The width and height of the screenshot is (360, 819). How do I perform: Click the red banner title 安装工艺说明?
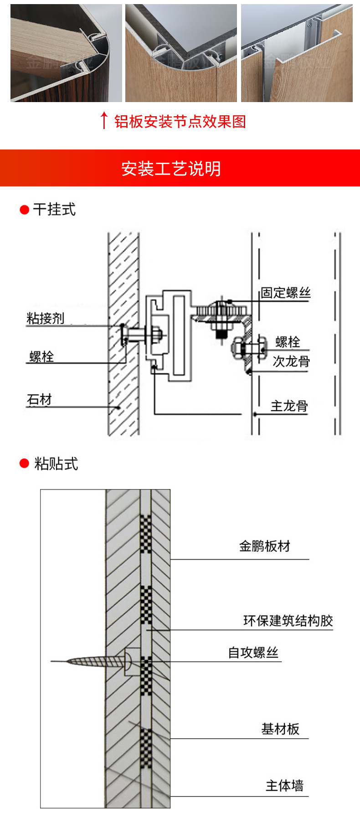(x=171, y=169)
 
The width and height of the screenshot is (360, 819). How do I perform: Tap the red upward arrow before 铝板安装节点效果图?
(x=104, y=120)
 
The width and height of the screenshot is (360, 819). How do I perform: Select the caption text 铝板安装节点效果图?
(x=180, y=121)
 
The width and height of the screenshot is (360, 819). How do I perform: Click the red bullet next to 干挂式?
(x=25, y=210)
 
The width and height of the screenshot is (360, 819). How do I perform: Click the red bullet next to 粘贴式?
(x=25, y=464)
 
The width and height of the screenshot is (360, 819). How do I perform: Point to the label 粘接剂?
(x=45, y=318)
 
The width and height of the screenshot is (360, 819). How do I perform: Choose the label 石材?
(x=39, y=400)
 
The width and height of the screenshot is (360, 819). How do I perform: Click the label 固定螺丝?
(x=285, y=293)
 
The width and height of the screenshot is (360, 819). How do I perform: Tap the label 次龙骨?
(x=291, y=361)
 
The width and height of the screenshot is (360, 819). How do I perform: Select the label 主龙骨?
(x=289, y=406)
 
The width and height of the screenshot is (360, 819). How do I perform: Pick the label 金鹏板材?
(x=264, y=546)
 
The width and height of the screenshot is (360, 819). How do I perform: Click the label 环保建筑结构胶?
(x=288, y=621)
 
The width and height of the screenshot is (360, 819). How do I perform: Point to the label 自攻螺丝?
(x=253, y=653)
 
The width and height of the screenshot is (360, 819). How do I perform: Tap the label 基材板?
(x=280, y=729)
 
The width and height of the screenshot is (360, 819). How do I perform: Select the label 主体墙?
(x=284, y=786)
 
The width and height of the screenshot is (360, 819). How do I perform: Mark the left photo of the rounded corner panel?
(x=66, y=53)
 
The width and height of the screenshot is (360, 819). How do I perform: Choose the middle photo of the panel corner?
(x=181, y=53)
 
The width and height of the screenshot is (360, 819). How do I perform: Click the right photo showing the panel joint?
(x=297, y=53)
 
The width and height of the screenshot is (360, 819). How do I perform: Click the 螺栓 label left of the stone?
(x=41, y=356)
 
